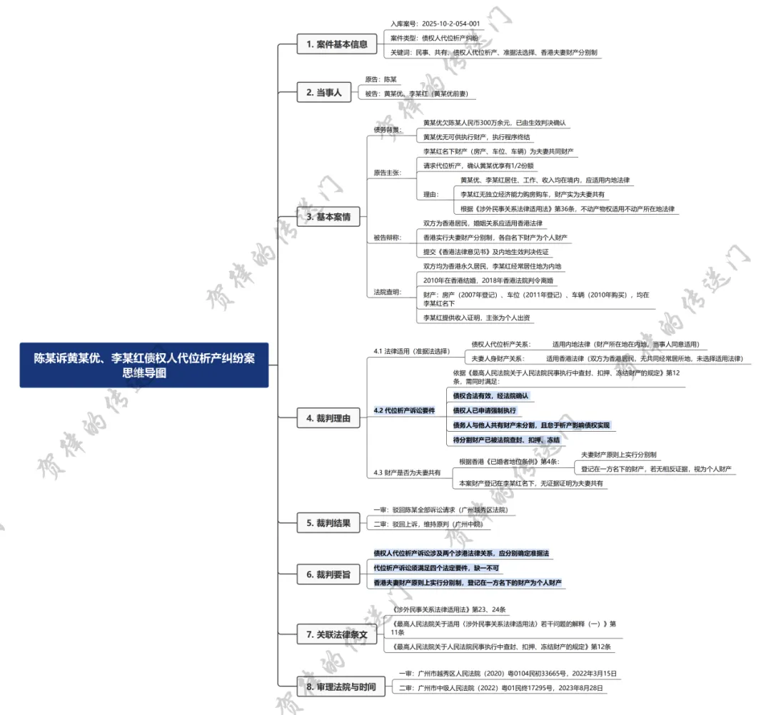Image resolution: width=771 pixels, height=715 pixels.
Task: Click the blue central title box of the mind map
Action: click(x=144, y=365)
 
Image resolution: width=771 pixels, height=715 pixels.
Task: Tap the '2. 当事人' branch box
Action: click(x=323, y=92)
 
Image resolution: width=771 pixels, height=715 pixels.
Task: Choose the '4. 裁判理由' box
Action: click(x=328, y=420)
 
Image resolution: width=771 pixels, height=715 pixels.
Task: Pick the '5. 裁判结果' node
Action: click(x=328, y=523)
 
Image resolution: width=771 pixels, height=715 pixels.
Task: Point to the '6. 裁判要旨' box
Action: click(x=328, y=574)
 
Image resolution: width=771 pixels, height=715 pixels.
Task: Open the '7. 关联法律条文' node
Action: click(x=336, y=634)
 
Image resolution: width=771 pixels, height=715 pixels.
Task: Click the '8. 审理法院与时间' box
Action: click(x=341, y=686)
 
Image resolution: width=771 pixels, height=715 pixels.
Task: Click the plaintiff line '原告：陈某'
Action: click(x=381, y=79)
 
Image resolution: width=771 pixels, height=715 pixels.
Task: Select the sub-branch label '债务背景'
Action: click(x=388, y=130)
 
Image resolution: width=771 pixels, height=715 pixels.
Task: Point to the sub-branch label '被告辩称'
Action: click(x=388, y=237)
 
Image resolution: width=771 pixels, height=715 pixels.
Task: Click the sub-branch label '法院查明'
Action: click(x=388, y=292)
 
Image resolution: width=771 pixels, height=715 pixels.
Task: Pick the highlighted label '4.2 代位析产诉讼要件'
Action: click(x=404, y=411)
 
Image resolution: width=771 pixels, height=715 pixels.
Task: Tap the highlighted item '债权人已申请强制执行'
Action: click(x=485, y=410)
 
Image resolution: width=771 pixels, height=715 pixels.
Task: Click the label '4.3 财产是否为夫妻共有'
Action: click(x=407, y=472)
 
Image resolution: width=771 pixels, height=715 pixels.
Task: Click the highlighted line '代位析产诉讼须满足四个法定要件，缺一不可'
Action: click(x=436, y=568)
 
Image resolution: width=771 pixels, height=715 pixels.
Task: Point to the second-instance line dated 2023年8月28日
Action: click(x=501, y=688)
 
